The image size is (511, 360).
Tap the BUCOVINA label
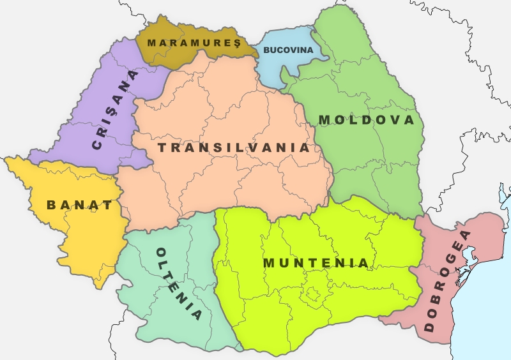(x=288, y=50)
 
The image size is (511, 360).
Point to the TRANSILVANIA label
(x=234, y=147)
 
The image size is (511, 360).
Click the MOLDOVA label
(x=366, y=120)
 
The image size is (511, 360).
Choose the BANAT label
(x=79, y=205)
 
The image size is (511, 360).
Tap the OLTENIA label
(x=179, y=283)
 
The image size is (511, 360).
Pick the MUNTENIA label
(x=316, y=263)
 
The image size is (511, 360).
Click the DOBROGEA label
(x=446, y=280)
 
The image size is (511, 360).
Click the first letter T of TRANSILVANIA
(x=162, y=147)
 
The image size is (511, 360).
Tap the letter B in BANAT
(x=51, y=205)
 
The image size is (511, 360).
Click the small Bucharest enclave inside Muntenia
(x=312, y=294)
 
